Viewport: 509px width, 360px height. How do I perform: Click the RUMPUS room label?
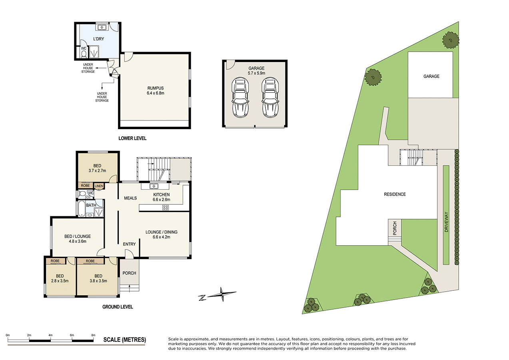point(156,88)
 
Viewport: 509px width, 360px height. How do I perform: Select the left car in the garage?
point(240,98)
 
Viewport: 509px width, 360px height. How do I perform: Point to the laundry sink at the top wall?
point(102,28)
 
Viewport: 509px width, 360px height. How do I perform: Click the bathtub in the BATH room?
point(81,208)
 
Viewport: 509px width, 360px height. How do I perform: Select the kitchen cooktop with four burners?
point(165,207)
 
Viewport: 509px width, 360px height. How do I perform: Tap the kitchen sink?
point(154,186)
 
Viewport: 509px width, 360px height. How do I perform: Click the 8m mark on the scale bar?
point(94,335)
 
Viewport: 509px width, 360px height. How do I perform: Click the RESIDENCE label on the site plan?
point(395,194)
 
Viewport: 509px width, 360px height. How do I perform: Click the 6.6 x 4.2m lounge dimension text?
point(162,237)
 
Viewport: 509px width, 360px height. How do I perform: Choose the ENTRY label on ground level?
point(129,244)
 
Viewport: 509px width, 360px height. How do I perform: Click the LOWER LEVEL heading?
point(132,138)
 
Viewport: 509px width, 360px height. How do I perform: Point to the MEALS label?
point(130,198)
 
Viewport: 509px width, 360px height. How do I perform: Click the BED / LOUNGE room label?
point(77,236)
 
